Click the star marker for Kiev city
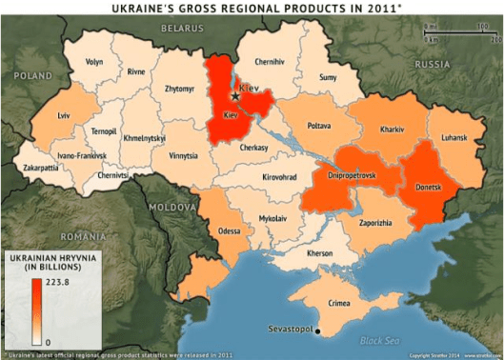coord(235,95)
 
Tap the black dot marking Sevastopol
coord(318,331)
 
